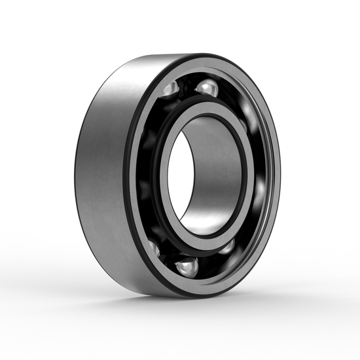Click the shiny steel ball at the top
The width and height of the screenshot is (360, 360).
[x=207, y=88]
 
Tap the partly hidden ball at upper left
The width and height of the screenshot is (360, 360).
[x=169, y=88]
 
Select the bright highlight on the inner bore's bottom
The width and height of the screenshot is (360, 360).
[x=203, y=226]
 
